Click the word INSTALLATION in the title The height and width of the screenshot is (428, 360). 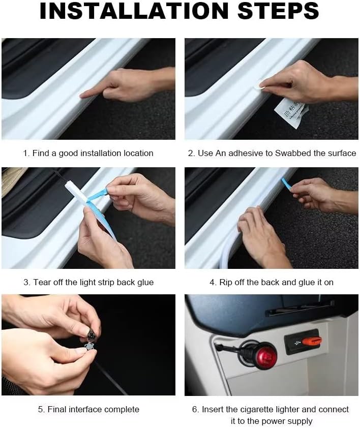click(x=134, y=11)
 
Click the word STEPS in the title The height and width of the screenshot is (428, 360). click(x=278, y=11)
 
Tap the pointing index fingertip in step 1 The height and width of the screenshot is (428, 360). click(x=82, y=96)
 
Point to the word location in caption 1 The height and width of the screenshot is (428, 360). click(x=138, y=153)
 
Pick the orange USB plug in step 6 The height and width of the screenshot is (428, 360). click(x=311, y=341)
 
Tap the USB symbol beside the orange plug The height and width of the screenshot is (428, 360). click(x=296, y=342)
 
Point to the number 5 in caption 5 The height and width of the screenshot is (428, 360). click(x=41, y=409)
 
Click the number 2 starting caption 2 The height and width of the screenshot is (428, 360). click(x=190, y=153)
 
